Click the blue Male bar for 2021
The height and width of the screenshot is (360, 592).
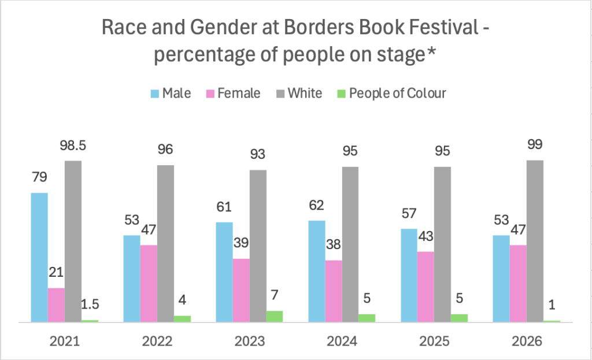pyautogui.click(x=39, y=257)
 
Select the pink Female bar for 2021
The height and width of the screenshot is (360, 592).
pyautogui.click(x=56, y=305)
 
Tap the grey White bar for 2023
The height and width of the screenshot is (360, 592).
pyautogui.click(x=258, y=246)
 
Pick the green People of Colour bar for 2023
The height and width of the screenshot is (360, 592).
pyautogui.click(x=275, y=316)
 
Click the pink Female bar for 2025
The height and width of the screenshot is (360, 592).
pyautogui.click(x=425, y=287)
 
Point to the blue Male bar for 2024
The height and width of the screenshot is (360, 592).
pyautogui.click(x=317, y=271)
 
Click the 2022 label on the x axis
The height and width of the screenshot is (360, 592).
pyautogui.click(x=157, y=342)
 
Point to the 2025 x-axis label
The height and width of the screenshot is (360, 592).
pyautogui.click(x=434, y=342)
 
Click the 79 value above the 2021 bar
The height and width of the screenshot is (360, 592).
pyautogui.click(x=39, y=178)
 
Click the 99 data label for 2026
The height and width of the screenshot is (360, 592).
pyautogui.click(x=535, y=145)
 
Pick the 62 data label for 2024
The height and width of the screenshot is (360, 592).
pyautogui.click(x=317, y=206)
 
